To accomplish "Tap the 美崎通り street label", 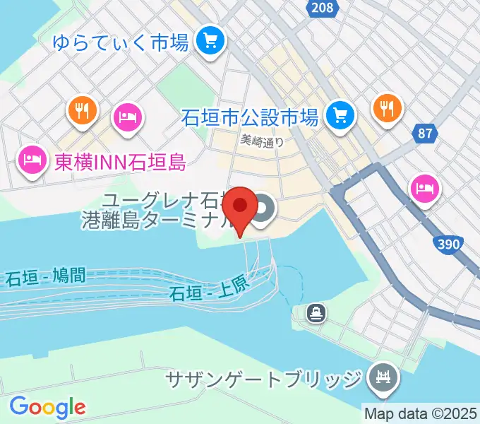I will pos(262,141).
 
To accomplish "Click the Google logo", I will pos(47,406).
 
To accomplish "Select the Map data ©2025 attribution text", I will pos(421,413).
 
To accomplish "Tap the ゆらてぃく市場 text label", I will pos(121,42).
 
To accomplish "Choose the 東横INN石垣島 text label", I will pos(120,163).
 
